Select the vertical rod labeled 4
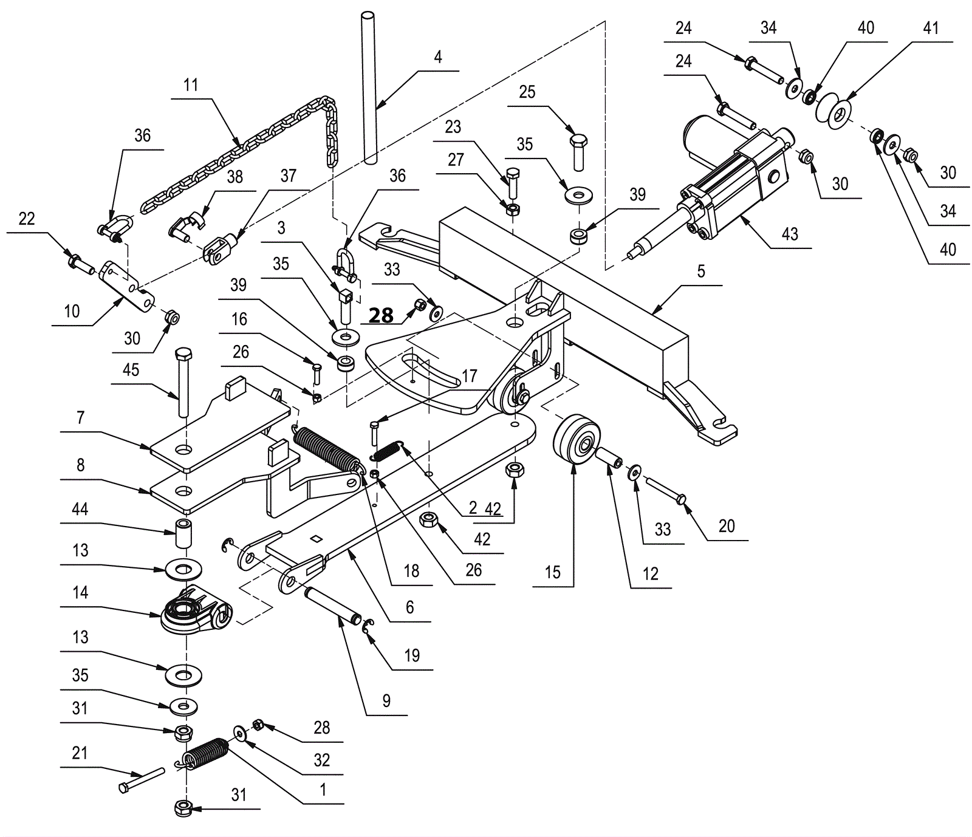pyautogui.click(x=369, y=86)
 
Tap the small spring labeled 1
pyautogui.click(x=204, y=754)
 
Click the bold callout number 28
pyautogui.click(x=382, y=316)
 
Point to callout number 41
pyautogui.click(x=931, y=28)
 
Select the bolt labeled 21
pyautogui.click(x=142, y=779)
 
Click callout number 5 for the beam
pyautogui.click(x=701, y=271)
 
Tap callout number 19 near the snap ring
pyautogui.click(x=412, y=656)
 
